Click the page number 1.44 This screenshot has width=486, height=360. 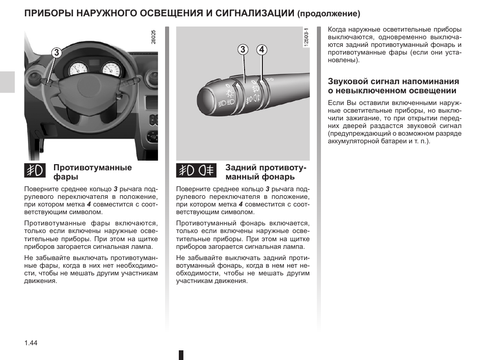tap(31, 343)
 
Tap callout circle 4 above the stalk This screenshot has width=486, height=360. tap(261, 49)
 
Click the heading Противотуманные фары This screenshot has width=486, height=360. tap(92, 172)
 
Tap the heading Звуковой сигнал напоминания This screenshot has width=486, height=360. tap(393, 86)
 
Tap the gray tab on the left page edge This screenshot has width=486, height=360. tap(7, 82)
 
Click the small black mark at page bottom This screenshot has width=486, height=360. tap(181, 355)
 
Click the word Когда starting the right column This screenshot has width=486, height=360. tap(338, 30)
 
